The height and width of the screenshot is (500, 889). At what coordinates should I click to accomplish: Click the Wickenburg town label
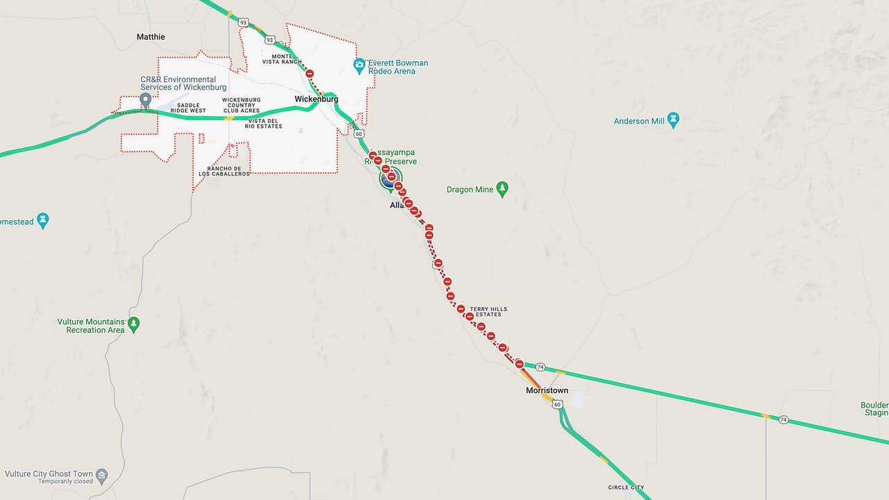316,99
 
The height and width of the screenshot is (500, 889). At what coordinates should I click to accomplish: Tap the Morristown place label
547,391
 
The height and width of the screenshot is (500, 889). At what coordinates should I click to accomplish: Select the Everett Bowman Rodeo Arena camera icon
360,67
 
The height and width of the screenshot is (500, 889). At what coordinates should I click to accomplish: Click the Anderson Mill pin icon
673,120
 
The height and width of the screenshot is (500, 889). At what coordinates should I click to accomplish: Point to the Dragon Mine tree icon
502,189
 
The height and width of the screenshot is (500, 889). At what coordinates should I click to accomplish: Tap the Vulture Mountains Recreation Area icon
134,324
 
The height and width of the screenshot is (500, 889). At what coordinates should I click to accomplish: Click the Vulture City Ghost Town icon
102,476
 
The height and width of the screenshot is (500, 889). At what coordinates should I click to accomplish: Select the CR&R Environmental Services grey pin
145,101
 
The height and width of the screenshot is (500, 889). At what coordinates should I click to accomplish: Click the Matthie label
151,37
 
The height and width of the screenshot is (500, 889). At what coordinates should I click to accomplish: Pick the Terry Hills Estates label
488,312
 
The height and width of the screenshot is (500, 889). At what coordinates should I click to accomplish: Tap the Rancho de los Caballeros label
229,171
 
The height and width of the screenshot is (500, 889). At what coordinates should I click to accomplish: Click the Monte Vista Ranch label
282,59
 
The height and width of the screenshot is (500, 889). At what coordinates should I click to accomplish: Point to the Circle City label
626,487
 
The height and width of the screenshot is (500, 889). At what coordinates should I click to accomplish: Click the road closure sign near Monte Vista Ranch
310,74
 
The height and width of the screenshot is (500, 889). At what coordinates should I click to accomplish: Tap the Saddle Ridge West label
188,108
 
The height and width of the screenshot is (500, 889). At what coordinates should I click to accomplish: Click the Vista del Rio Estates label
264,123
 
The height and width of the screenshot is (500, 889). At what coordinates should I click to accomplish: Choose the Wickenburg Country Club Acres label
241,105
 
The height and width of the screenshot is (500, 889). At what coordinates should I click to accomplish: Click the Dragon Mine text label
470,190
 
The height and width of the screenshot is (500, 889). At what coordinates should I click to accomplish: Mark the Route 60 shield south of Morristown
558,404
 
